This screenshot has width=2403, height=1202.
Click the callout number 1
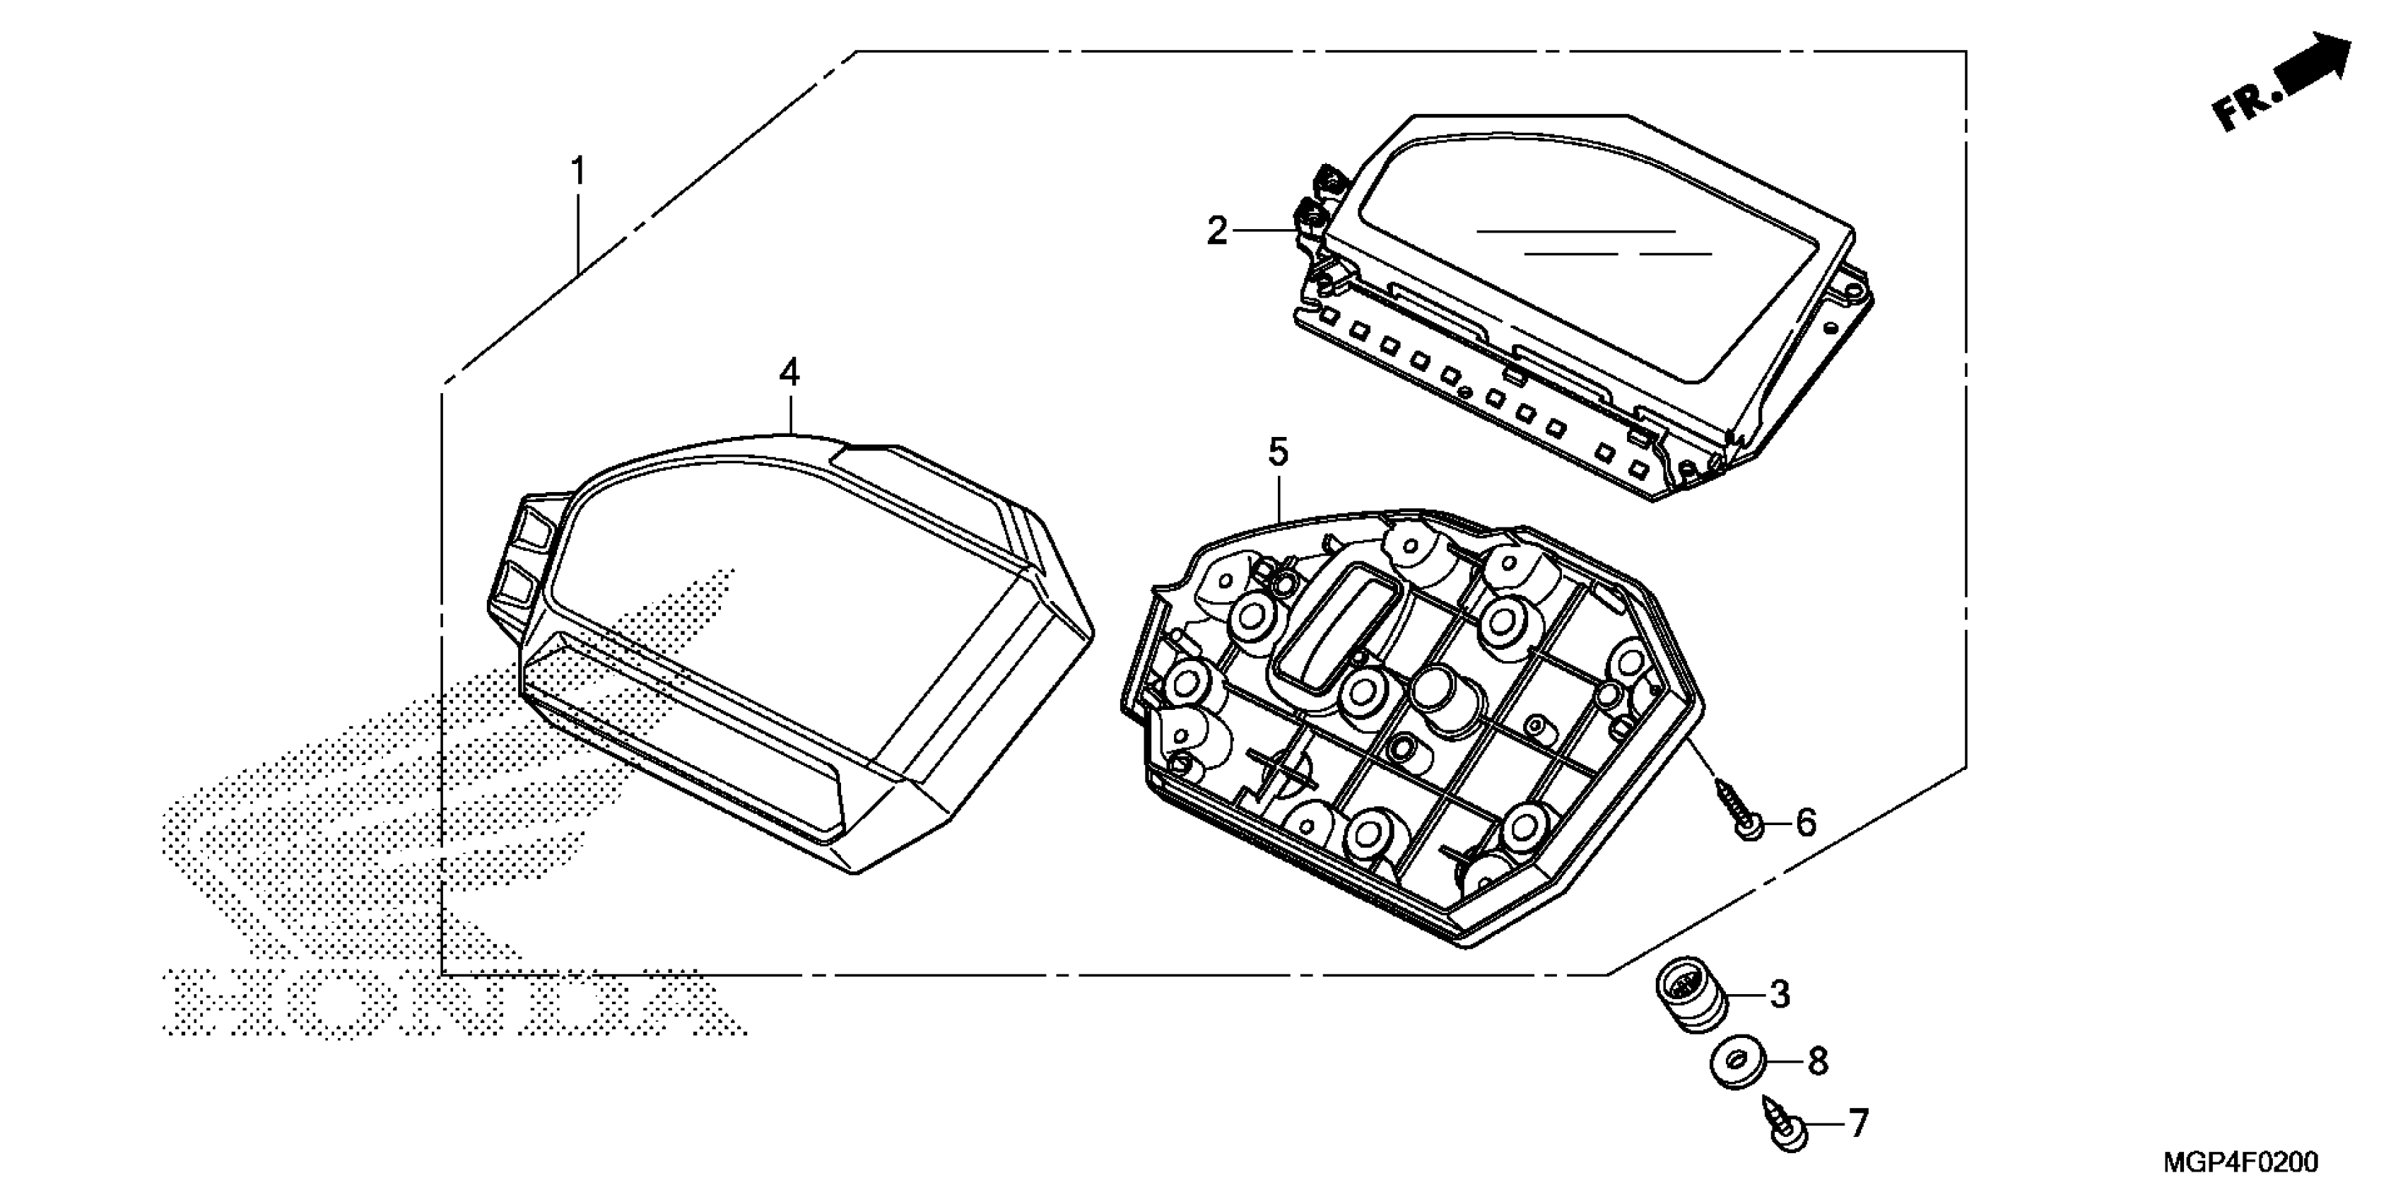[578, 172]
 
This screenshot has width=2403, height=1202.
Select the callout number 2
[1217, 231]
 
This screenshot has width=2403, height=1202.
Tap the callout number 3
[1780, 995]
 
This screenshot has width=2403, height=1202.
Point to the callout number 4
[789, 373]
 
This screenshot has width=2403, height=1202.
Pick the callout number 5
[1278, 453]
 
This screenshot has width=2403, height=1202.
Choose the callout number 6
[1806, 823]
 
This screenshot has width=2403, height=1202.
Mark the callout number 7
[1858, 1124]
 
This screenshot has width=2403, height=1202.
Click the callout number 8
[1817, 1062]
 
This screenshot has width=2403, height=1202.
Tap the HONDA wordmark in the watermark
[448, 1004]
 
